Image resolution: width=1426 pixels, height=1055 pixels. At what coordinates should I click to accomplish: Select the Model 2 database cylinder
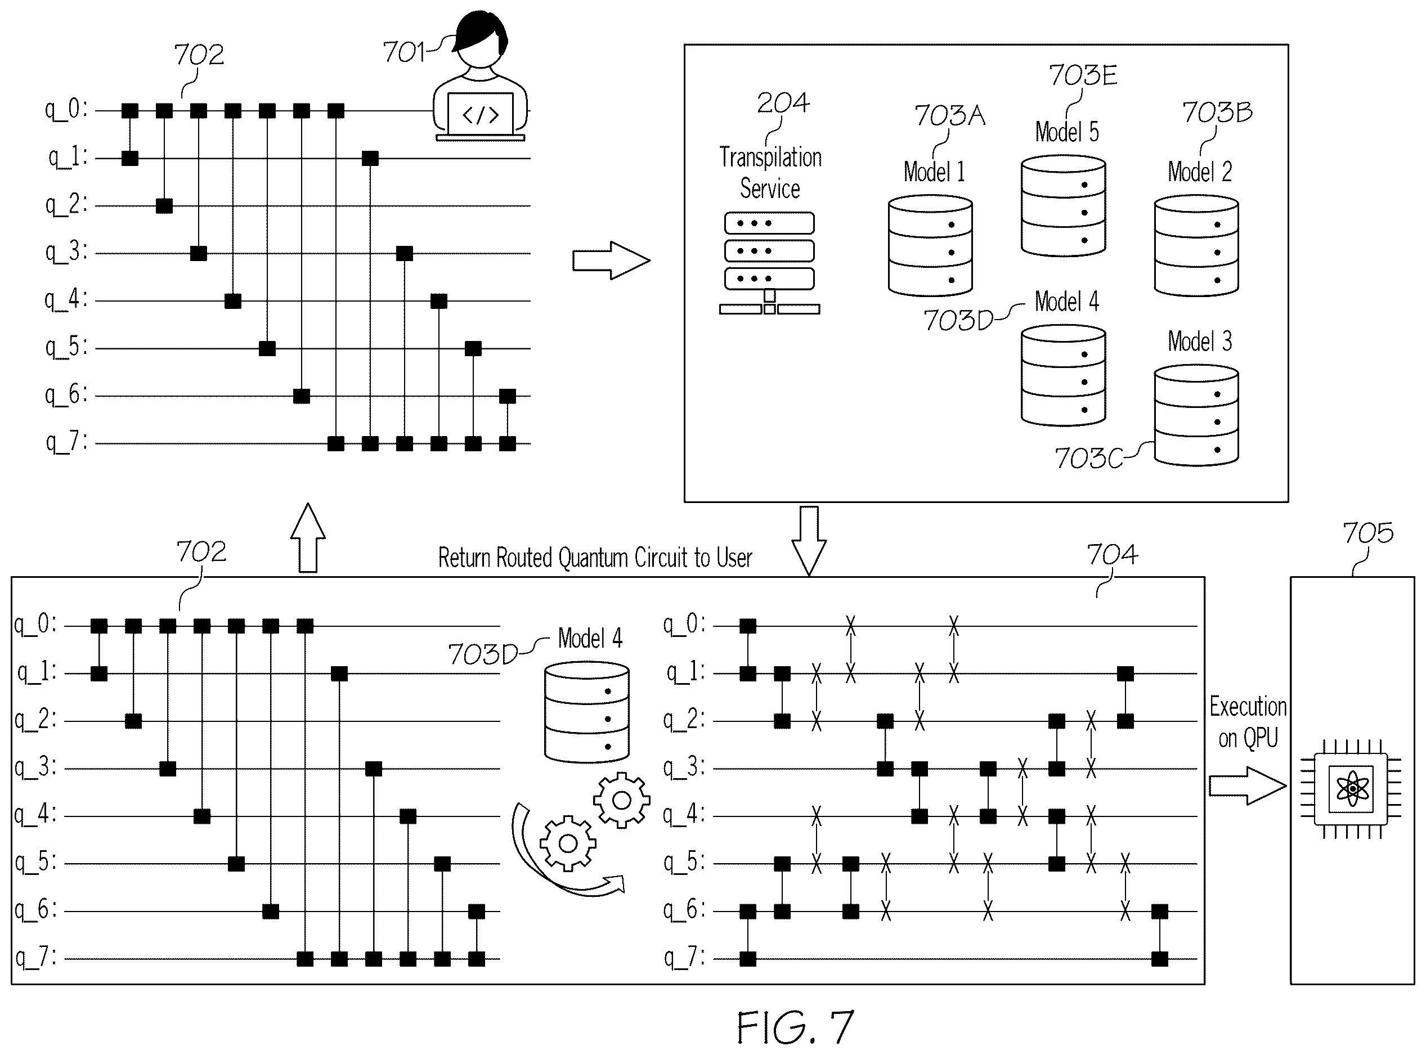point(1196,246)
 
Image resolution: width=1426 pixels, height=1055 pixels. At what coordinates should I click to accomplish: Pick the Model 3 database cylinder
point(1196,415)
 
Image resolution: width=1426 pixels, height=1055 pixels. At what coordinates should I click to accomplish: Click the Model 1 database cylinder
point(930,246)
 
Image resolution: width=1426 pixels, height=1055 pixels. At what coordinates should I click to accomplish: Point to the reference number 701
point(403,52)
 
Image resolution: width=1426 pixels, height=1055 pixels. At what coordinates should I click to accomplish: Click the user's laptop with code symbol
point(480,116)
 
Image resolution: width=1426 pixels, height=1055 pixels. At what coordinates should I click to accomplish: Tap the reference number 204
point(783,103)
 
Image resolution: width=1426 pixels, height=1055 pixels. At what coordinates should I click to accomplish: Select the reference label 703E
point(1083,75)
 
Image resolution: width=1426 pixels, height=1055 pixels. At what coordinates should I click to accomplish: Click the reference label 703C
point(1088,459)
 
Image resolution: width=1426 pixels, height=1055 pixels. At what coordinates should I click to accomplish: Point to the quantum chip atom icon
point(1351,789)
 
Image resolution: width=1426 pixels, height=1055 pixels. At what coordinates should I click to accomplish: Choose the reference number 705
point(1368,533)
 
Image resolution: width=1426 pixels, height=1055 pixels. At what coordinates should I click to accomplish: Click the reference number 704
point(1113,554)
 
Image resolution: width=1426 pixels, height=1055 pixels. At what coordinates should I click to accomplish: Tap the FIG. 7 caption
point(795,1027)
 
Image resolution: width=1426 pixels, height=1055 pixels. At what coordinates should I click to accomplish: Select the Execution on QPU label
point(1248,722)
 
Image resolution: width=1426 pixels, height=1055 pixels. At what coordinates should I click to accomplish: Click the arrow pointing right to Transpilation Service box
point(611,261)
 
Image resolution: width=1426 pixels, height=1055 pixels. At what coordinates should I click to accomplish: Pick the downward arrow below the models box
point(809,541)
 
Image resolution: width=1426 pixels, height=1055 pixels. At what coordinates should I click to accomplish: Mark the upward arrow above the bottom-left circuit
point(308,538)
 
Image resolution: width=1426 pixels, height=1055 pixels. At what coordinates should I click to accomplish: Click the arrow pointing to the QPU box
point(1247,785)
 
